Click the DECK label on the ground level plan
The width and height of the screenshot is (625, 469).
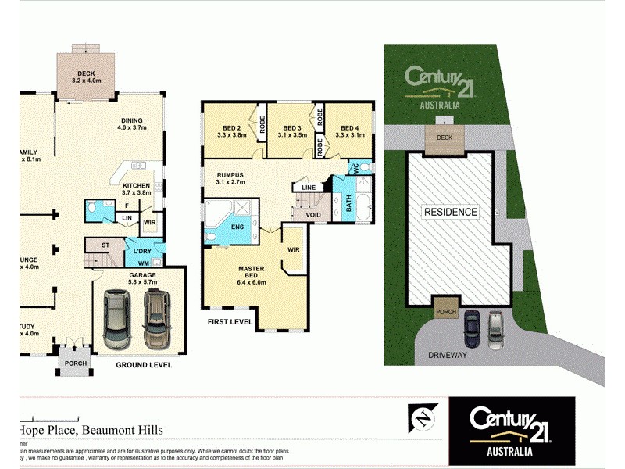click(86, 73)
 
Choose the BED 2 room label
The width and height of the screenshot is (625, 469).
click(230, 128)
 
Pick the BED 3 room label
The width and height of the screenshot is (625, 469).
click(292, 128)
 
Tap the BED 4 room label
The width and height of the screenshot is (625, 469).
click(348, 128)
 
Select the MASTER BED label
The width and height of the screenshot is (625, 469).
click(251, 273)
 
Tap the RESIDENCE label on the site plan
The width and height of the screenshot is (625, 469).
click(451, 212)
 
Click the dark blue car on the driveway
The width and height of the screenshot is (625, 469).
click(471, 328)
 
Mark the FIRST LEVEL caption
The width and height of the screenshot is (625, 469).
click(230, 321)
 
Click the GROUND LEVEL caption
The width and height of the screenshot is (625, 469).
click(144, 364)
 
